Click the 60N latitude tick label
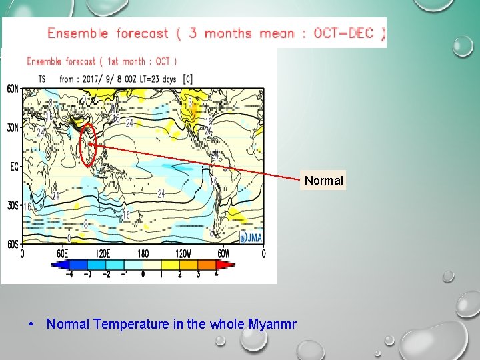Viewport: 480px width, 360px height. click(13, 89)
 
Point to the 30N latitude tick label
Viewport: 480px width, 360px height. click(13, 127)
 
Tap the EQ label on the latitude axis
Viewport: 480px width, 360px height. click(14, 167)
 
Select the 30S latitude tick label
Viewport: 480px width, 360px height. click(13, 205)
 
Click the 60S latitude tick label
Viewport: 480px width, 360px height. click(13, 245)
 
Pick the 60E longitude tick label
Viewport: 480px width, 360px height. click(62, 253)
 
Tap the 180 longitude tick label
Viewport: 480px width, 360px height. click(143, 253)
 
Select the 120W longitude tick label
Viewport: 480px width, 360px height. click(183, 253)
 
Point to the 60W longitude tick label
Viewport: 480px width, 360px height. click(223, 253)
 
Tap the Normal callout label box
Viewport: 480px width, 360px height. click(324, 181)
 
